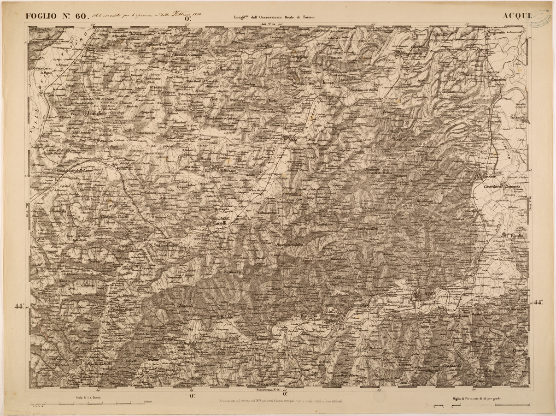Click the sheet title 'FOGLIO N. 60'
[x=57, y=16]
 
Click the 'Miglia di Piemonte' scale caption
[x=476, y=398]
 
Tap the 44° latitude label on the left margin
[x=19, y=305]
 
